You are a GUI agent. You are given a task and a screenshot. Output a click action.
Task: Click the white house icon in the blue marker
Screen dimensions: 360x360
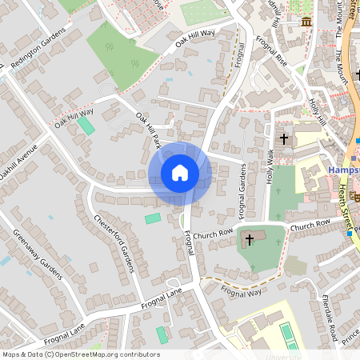180,173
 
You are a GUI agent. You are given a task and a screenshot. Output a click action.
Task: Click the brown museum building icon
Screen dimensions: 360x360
306,21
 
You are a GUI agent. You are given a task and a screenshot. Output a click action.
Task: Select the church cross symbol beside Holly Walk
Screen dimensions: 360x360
283,139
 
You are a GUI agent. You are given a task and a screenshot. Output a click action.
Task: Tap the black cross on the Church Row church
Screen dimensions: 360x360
249,238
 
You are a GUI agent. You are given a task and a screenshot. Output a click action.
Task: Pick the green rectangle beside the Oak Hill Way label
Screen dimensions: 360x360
86,126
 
